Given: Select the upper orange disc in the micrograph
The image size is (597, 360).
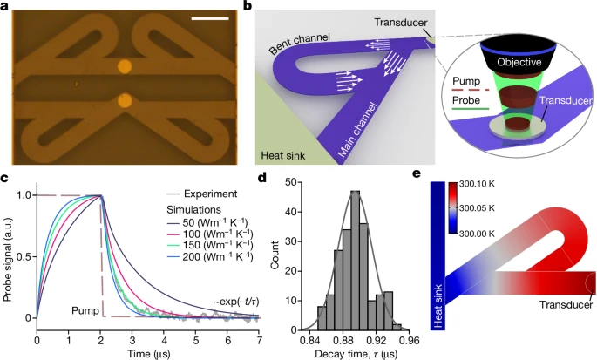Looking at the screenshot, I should tap(125, 65).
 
